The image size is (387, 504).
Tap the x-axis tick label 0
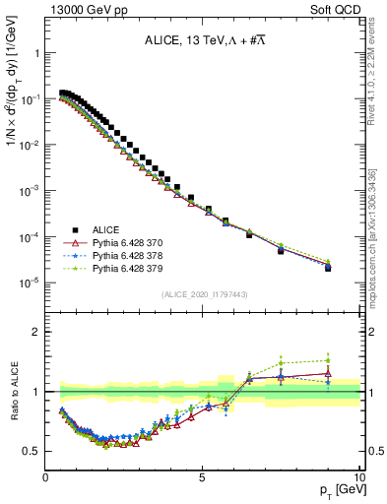pyautogui.click(x=46, y=478)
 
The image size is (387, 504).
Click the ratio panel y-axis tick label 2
pyautogui.click(x=36, y=332)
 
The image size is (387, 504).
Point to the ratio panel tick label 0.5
pyautogui.click(x=31, y=452)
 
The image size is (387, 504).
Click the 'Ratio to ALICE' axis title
pyautogui.click(x=13, y=391)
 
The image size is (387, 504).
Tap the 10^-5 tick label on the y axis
pyautogui.click(x=28, y=283)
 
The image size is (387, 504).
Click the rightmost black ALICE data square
pyautogui.click(x=328, y=268)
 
